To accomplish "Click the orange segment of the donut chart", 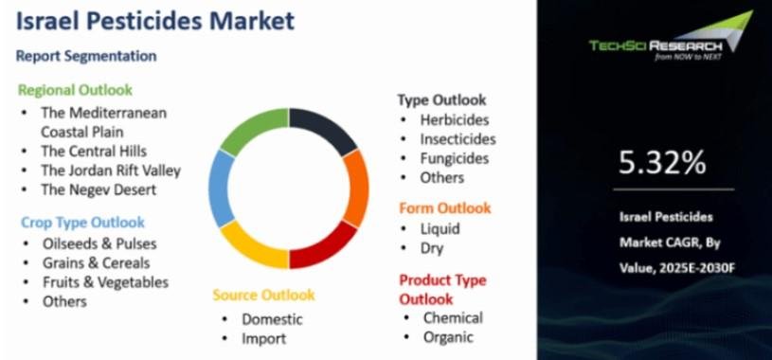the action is (357, 189).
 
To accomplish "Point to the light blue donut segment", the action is (220, 189).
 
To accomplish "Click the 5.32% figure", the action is (662, 163).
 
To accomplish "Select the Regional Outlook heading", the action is (76, 91).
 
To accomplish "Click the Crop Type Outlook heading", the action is (82, 223).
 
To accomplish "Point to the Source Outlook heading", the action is (263, 295).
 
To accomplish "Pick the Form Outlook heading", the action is (445, 208).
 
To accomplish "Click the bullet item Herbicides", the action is (455, 119).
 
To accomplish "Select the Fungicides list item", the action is (455, 158).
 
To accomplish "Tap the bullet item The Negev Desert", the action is (99, 189).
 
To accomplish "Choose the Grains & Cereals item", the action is (96, 263).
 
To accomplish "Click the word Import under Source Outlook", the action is (263, 339).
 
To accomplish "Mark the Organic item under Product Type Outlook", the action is (448, 337).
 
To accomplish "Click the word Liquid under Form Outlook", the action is (440, 229).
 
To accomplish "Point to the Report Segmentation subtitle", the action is (86, 56).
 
